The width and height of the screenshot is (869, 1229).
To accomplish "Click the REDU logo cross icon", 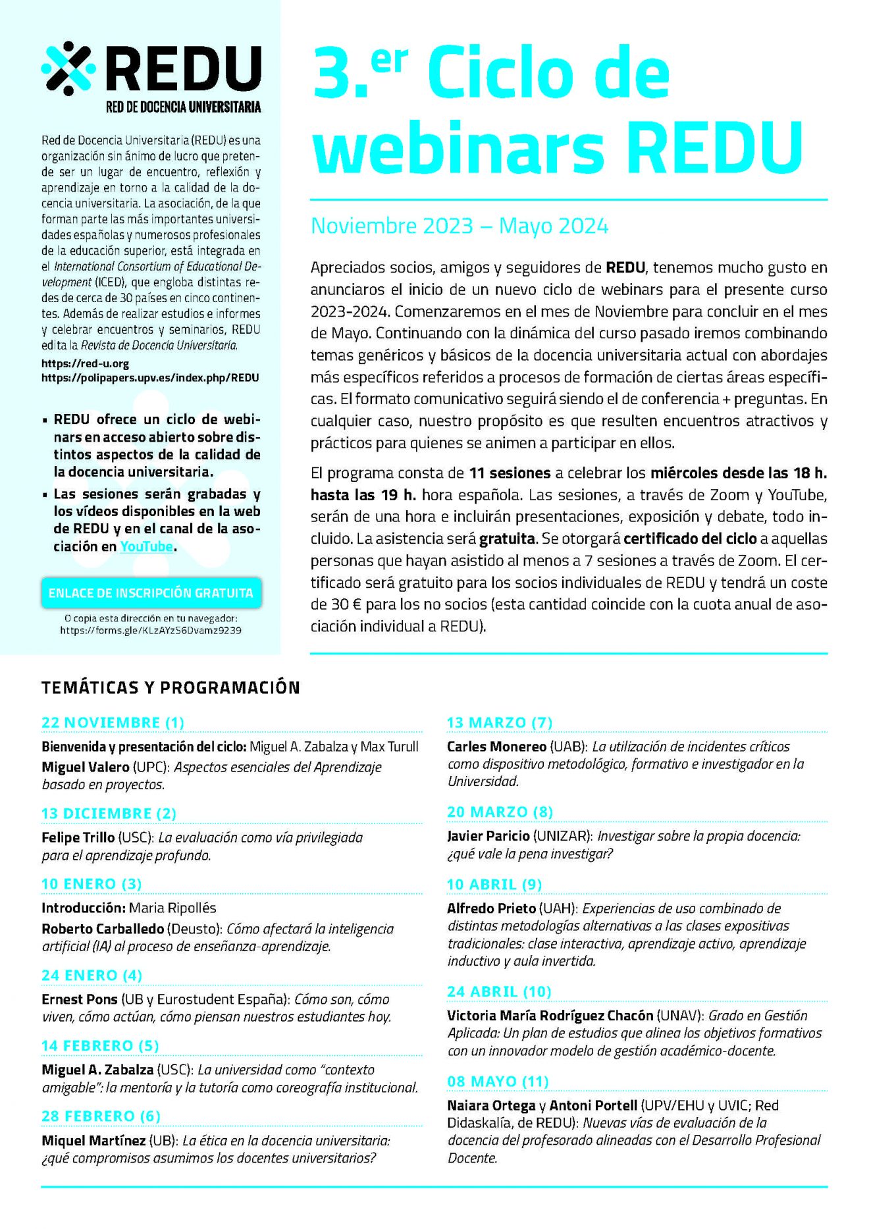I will pyautogui.click(x=68, y=68).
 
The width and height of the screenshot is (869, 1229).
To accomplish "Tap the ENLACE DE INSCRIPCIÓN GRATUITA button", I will pyautogui.click(x=151, y=592).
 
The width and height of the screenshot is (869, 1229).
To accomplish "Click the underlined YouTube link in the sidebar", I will pyautogui.click(x=146, y=546).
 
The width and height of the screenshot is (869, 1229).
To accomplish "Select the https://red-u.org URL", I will pyautogui.click(x=85, y=363).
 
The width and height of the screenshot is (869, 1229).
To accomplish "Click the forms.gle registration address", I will pyautogui.click(x=151, y=630).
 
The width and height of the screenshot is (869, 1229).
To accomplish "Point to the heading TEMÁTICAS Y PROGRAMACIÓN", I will pyautogui.click(x=171, y=687).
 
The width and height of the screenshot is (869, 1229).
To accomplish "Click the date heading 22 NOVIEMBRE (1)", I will pyautogui.click(x=113, y=722).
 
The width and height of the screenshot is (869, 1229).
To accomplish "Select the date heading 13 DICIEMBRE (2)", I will pyautogui.click(x=109, y=813).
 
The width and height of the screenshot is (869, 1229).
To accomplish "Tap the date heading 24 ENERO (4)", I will pyautogui.click(x=92, y=975).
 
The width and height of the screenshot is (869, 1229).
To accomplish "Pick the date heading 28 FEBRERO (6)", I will pyautogui.click(x=101, y=1116).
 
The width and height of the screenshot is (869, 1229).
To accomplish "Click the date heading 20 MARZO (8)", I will pyautogui.click(x=500, y=812).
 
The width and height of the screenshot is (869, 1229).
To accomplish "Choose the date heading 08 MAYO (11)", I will pyautogui.click(x=498, y=1081).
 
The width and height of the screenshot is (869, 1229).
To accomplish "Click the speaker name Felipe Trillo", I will pyautogui.click(x=78, y=837).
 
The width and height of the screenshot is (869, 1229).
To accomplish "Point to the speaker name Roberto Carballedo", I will pyautogui.click(x=103, y=929).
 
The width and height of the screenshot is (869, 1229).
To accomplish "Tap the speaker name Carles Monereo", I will pyautogui.click(x=496, y=746).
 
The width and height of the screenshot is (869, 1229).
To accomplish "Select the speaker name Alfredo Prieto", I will pyautogui.click(x=491, y=908).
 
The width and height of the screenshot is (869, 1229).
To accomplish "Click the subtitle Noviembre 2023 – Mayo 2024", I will pyautogui.click(x=459, y=226).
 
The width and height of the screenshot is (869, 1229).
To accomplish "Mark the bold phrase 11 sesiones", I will pyautogui.click(x=510, y=473).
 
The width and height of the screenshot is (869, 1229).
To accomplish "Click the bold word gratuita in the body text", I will pyautogui.click(x=506, y=539).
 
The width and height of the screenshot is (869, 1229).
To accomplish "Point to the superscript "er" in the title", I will pyautogui.click(x=389, y=62).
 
